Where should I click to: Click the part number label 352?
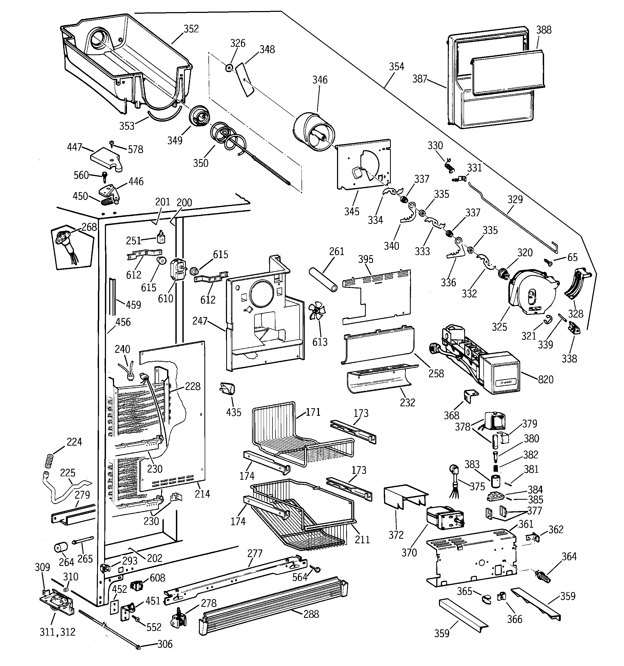click(191, 29)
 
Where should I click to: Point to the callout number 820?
click(546, 380)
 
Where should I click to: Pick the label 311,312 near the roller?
click(57, 632)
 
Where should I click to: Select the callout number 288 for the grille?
click(311, 614)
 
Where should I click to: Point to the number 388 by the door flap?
click(544, 30)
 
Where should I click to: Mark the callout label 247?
click(200, 321)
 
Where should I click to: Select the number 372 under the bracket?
click(396, 535)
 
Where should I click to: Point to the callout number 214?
click(202, 494)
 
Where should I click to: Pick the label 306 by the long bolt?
click(165, 644)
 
